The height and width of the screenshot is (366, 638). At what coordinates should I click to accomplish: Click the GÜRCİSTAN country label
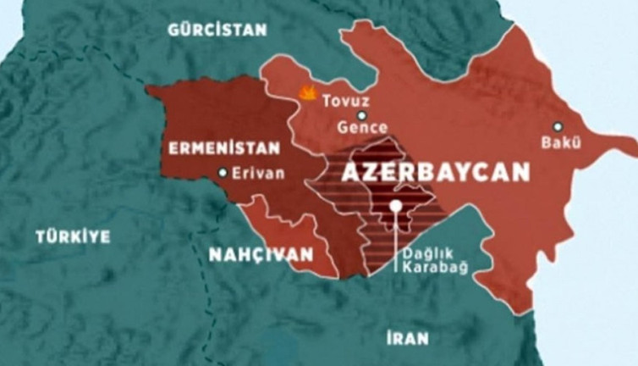tap(217, 29)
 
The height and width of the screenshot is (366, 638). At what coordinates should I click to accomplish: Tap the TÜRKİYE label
tap(73, 237)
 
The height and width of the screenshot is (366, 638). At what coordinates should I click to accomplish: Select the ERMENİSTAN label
tap(223, 148)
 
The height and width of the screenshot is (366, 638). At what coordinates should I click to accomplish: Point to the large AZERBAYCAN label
tap(435, 173)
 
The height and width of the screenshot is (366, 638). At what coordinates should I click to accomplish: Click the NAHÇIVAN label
tap(261, 253)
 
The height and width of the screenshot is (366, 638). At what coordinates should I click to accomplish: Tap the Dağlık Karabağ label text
tap(436, 261)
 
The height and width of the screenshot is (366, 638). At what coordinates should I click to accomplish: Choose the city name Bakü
tap(562, 142)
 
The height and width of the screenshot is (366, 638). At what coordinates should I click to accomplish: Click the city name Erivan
tap(257, 174)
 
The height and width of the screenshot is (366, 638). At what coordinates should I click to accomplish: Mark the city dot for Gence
tap(361, 115)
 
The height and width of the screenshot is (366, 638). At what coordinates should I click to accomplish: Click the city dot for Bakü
tap(558, 126)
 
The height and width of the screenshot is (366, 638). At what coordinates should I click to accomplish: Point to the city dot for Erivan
tap(222, 174)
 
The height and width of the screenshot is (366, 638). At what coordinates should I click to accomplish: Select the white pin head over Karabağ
tap(395, 206)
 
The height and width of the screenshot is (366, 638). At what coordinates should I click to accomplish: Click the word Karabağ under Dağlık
tap(436, 269)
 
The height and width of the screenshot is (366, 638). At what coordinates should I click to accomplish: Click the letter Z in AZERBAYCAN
tap(369, 173)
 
